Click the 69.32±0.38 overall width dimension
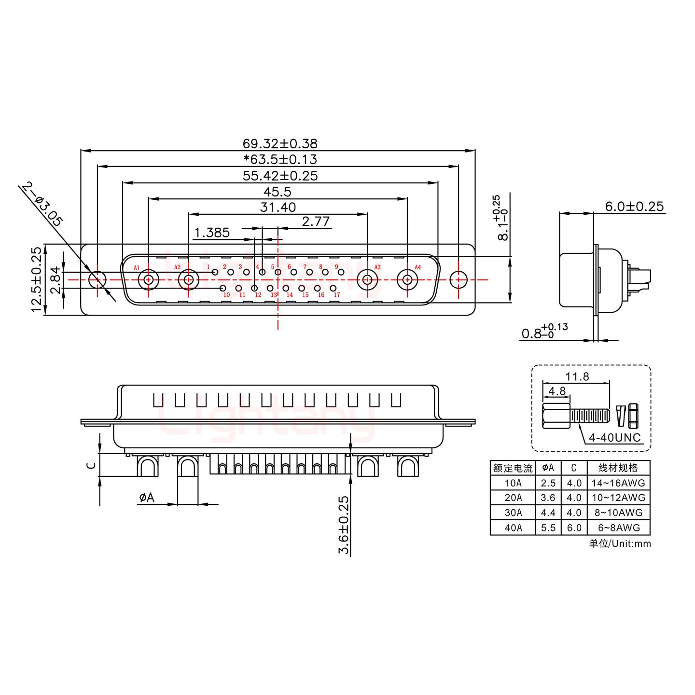[x=280, y=143]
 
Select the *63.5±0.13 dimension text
[x=280, y=159]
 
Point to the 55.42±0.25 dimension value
[x=280, y=176]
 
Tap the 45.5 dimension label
[x=278, y=192]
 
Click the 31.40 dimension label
[x=278, y=207]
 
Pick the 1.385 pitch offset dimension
[x=211, y=233]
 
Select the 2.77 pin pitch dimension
[x=316, y=222]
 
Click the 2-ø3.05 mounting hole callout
[x=42, y=205]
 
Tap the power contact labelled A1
[x=148, y=279]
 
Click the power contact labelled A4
[x=407, y=279]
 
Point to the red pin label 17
[x=337, y=295]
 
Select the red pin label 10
[x=226, y=295]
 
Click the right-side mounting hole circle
[x=458, y=279]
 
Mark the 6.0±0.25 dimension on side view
[x=634, y=207]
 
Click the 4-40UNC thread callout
[x=615, y=438]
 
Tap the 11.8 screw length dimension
[x=577, y=376]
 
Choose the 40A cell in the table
[x=513, y=528]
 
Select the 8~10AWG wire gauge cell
[x=618, y=513]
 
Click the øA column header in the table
[x=548, y=468]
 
